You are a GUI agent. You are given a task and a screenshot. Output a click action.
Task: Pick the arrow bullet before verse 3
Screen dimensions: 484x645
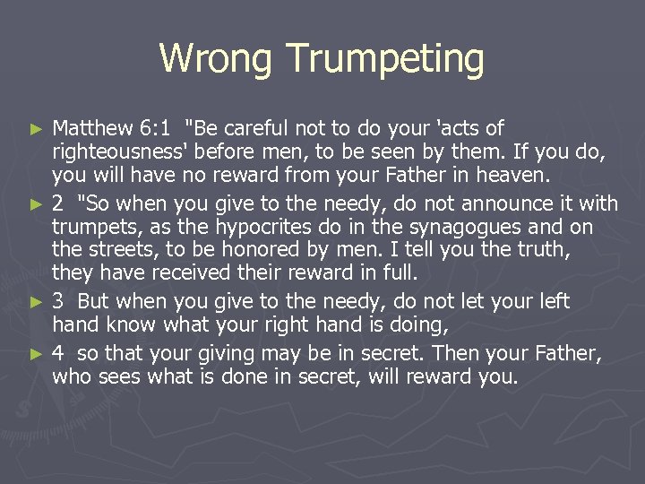(37, 302)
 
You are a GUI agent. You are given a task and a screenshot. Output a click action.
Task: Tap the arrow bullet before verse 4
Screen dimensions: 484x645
(37, 354)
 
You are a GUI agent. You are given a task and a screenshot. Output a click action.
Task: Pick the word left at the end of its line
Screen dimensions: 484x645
(553, 301)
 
